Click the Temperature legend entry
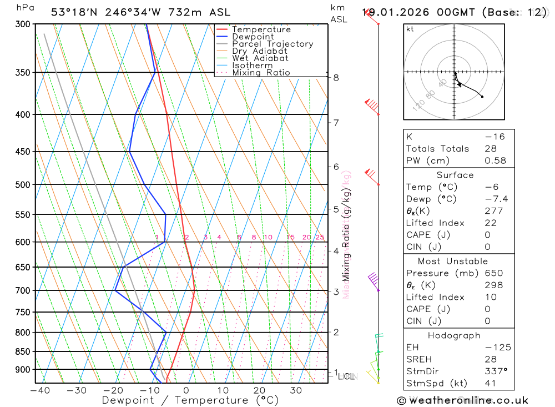pyautogui.click(x=261, y=29)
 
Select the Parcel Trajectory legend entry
pyautogui.click(x=273, y=44)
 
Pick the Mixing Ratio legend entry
pyautogui.click(x=261, y=73)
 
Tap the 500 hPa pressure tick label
pyautogui.click(x=23, y=184)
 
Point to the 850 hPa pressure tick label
pyautogui.click(x=23, y=351)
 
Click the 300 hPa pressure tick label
pyautogui.click(x=23, y=24)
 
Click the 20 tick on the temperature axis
pyautogui.click(x=259, y=390)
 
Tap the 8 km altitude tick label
pyautogui.click(x=336, y=78)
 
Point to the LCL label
pyautogui.click(x=346, y=376)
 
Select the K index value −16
pyautogui.click(x=494, y=137)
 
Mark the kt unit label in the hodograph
pyautogui.click(x=410, y=29)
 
